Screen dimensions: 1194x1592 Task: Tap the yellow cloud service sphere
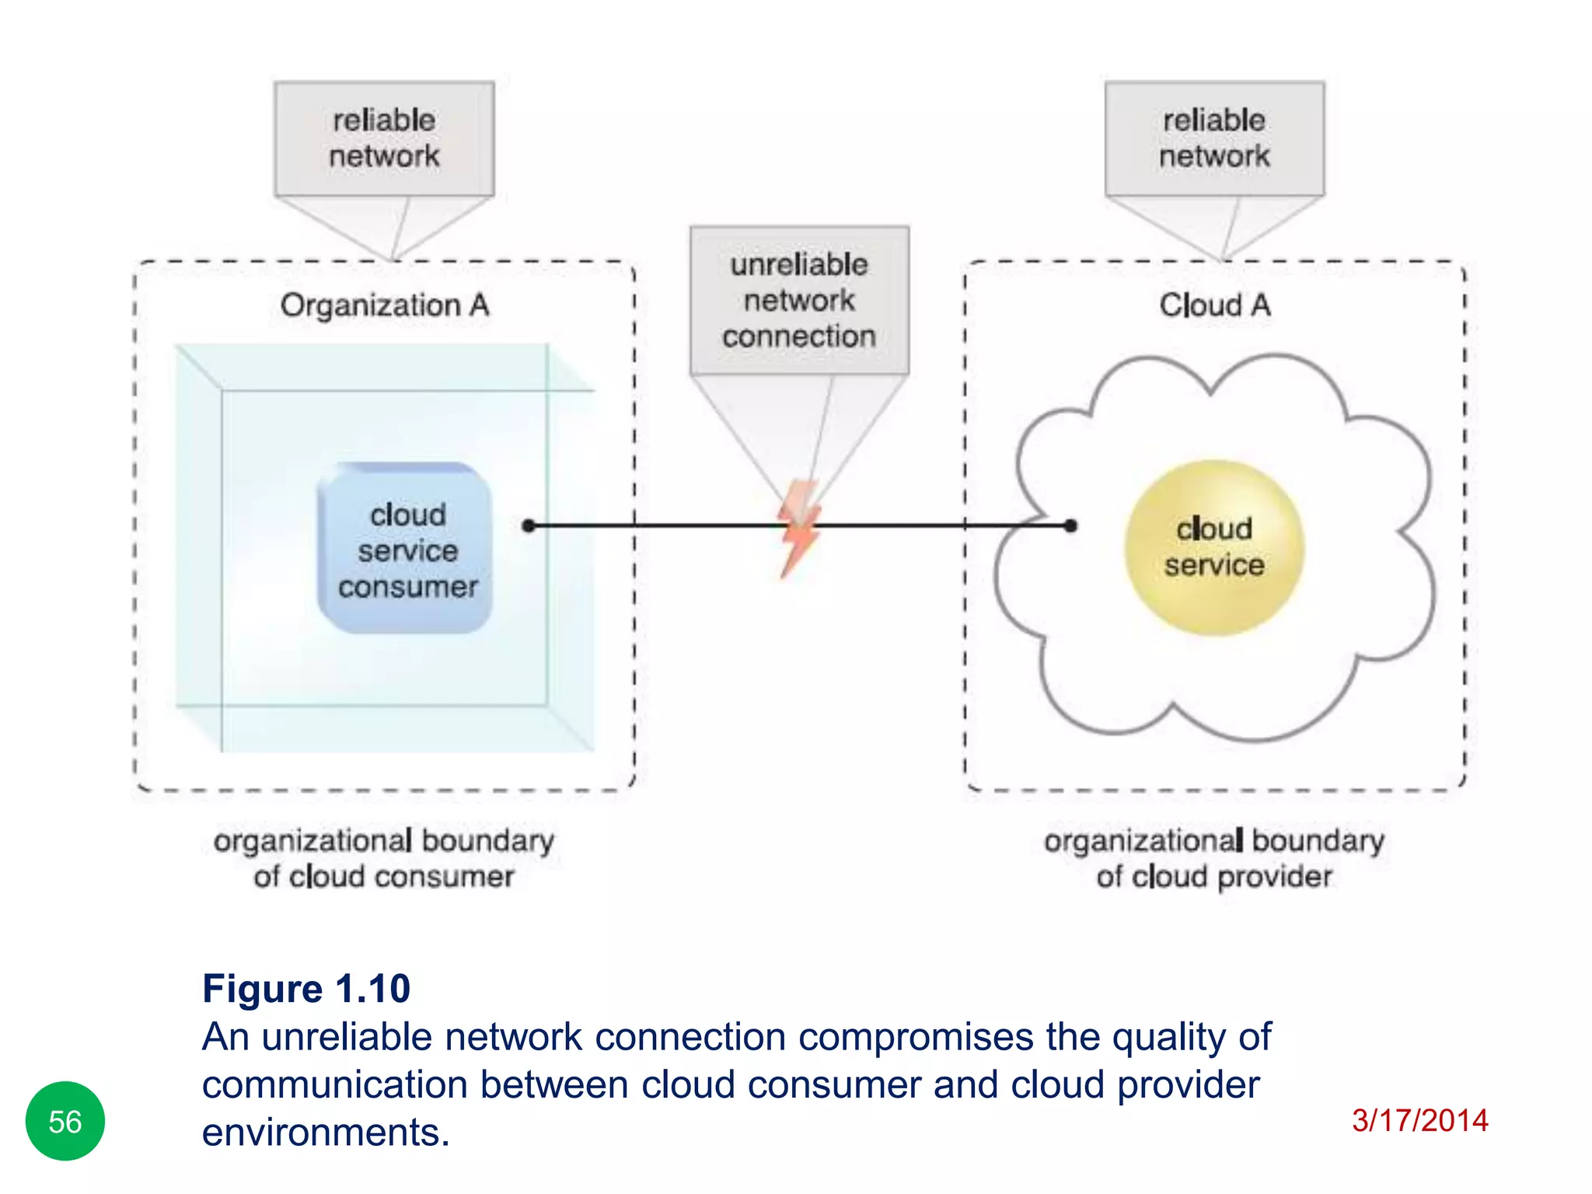click(1214, 548)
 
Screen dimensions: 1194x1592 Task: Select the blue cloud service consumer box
click(406, 549)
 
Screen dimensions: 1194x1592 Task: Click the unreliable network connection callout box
click(799, 301)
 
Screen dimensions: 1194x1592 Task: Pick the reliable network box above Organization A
click(384, 138)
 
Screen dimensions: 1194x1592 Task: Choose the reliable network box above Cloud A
click(1214, 138)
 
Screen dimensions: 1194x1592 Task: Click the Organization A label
click(385, 305)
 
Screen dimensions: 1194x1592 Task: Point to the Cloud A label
click(1215, 305)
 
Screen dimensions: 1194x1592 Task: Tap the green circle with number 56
click(65, 1121)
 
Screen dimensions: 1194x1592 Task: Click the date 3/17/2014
click(1419, 1120)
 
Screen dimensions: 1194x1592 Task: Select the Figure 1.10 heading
click(306, 989)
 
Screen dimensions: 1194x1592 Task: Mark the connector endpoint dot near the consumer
click(529, 526)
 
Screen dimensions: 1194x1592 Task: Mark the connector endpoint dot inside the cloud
click(1070, 526)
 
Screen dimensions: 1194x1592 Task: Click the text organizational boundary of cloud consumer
click(384, 858)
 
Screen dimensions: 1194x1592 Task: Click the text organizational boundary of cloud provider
click(1214, 858)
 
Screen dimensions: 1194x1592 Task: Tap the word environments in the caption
click(326, 1133)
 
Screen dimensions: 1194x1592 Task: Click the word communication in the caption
click(334, 1085)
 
